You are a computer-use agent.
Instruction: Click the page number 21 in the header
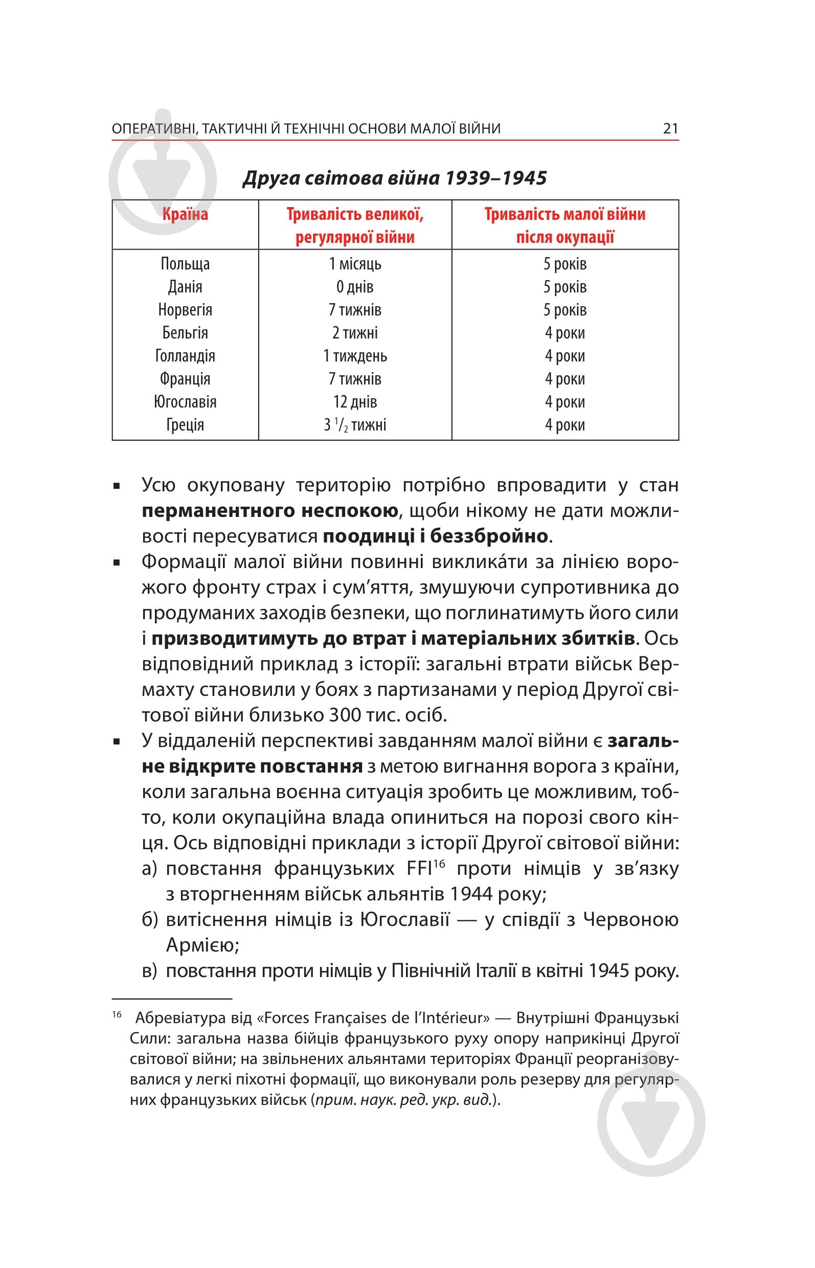pyautogui.click(x=670, y=129)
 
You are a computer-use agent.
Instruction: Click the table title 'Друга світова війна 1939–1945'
pyautogui.click(x=394, y=178)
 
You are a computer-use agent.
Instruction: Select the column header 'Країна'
pyautogui.click(x=185, y=214)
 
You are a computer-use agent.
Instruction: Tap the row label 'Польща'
pyautogui.click(x=185, y=263)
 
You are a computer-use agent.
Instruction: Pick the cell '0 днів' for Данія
pyautogui.click(x=354, y=287)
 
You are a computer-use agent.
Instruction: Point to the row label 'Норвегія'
pyautogui.click(x=185, y=310)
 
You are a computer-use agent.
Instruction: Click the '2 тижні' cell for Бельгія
pyautogui.click(x=354, y=333)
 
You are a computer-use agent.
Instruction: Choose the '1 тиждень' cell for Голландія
pyautogui.click(x=354, y=356)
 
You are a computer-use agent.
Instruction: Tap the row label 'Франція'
pyautogui.click(x=185, y=379)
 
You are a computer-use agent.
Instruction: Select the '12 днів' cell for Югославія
pyautogui.click(x=354, y=402)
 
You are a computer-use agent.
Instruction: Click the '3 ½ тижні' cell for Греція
pyautogui.click(x=354, y=425)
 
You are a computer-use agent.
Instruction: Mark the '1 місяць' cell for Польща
pyautogui.click(x=354, y=263)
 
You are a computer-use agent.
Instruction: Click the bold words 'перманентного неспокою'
pyautogui.click(x=270, y=511)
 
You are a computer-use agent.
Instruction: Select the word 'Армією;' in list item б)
pyautogui.click(x=202, y=945)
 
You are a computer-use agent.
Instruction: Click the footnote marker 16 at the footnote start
pyautogui.click(x=117, y=1014)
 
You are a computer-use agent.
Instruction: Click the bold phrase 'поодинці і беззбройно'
pyautogui.click(x=435, y=537)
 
